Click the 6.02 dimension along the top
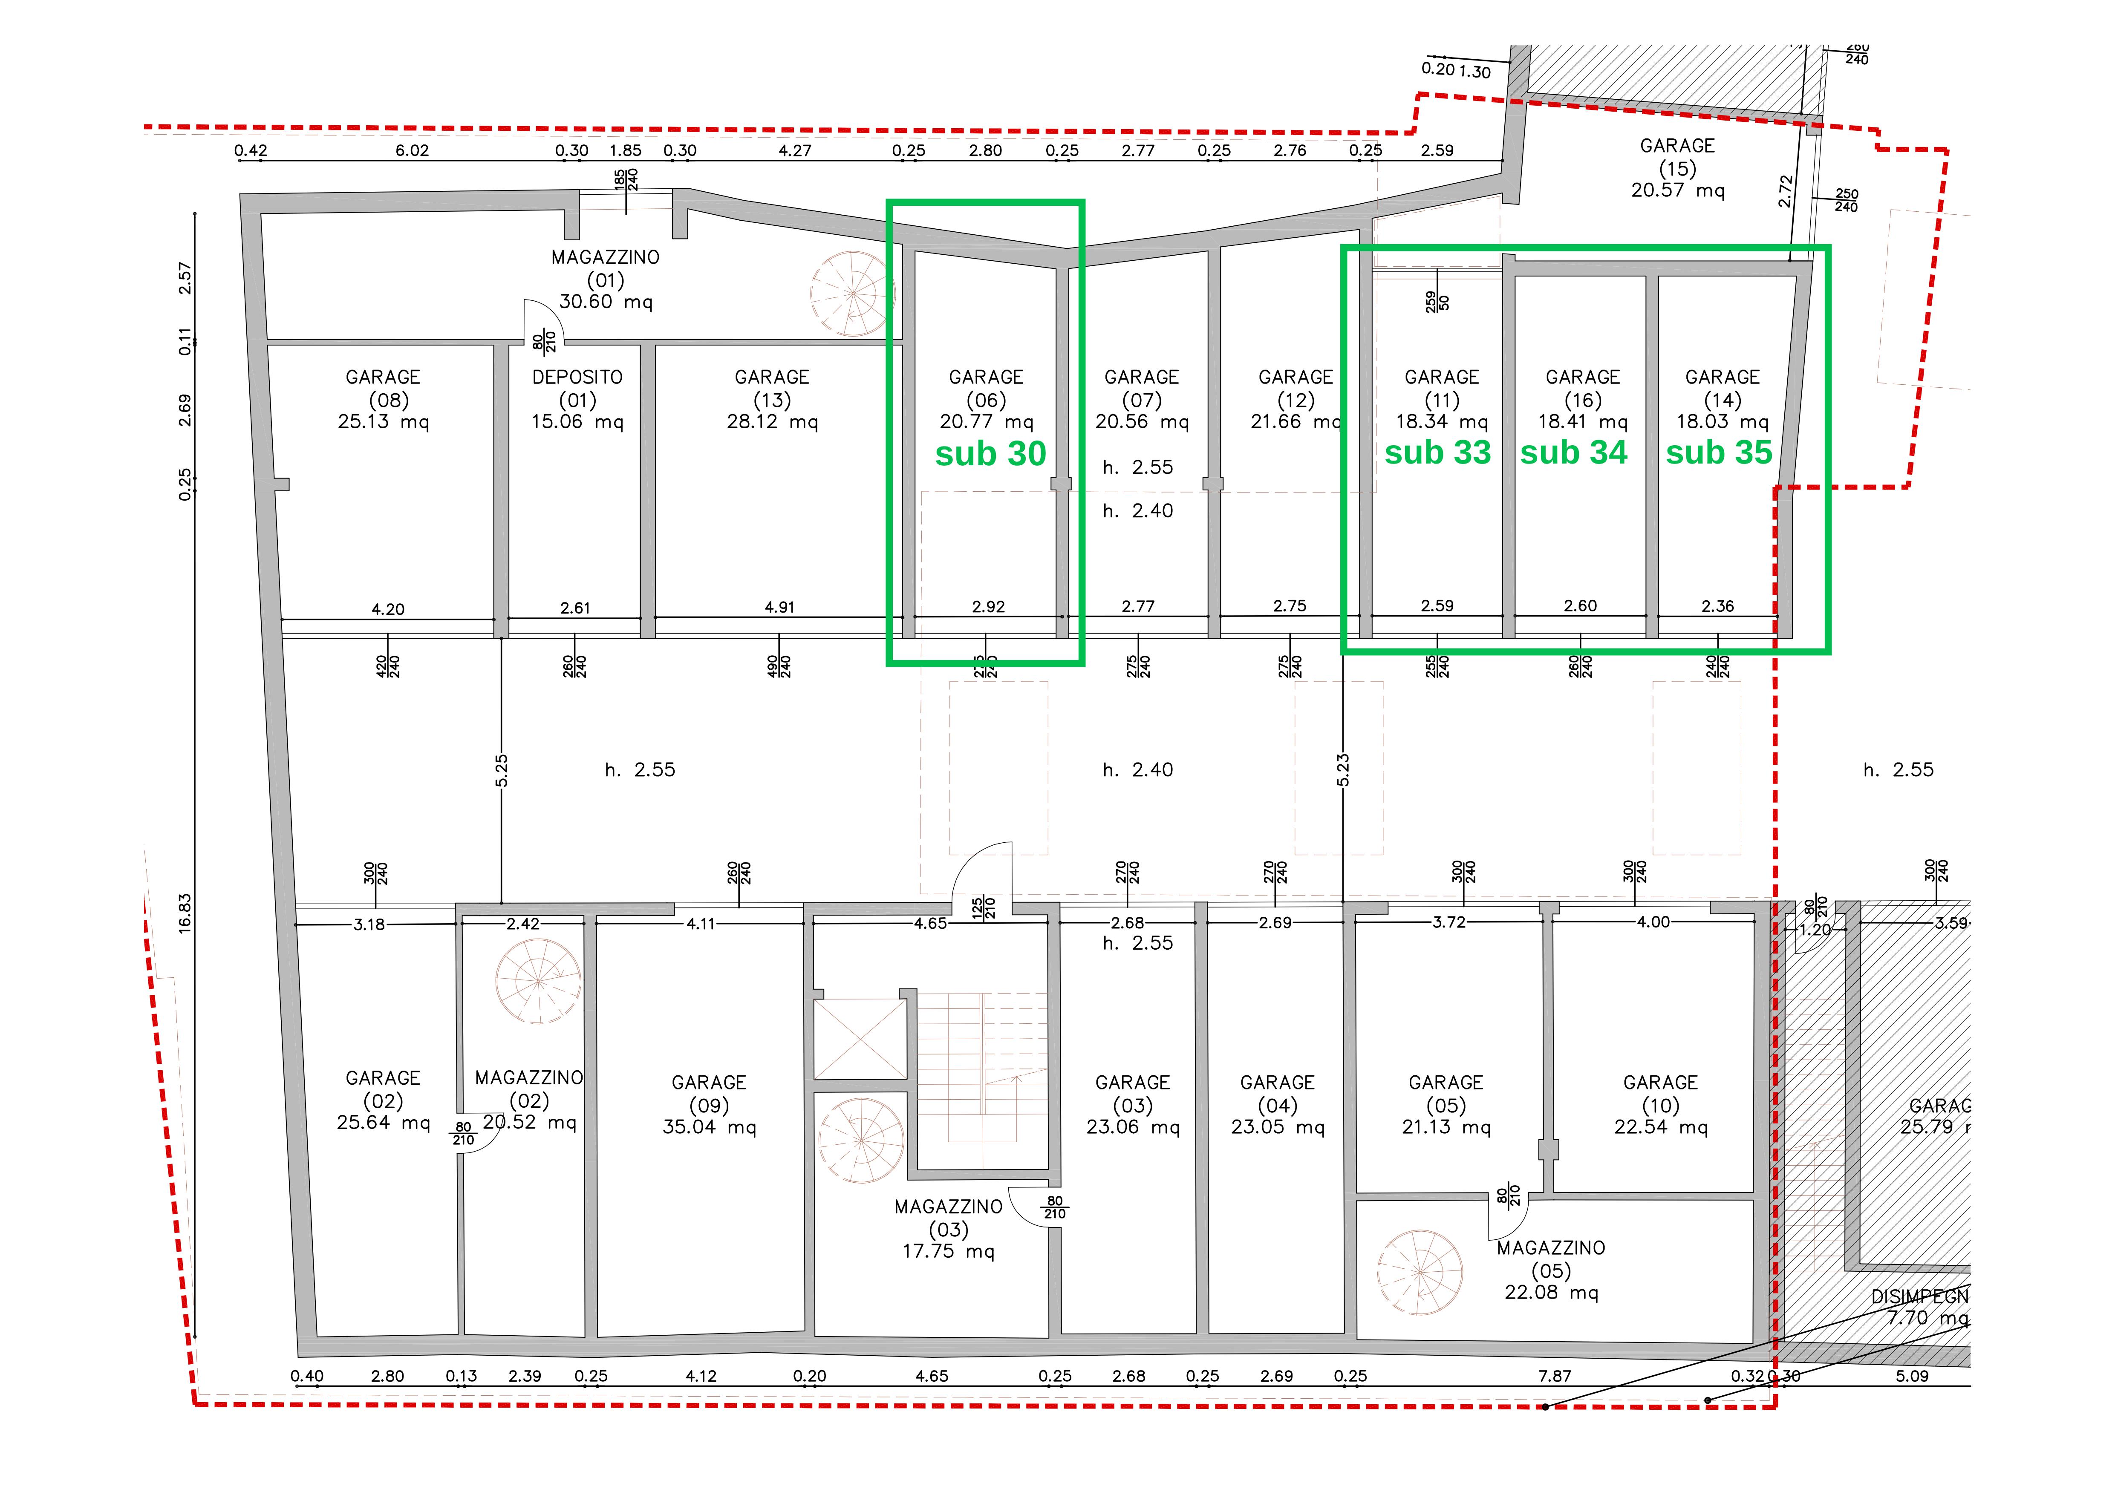tap(412, 150)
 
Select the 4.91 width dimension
tap(779, 607)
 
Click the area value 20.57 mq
tap(1677, 191)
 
